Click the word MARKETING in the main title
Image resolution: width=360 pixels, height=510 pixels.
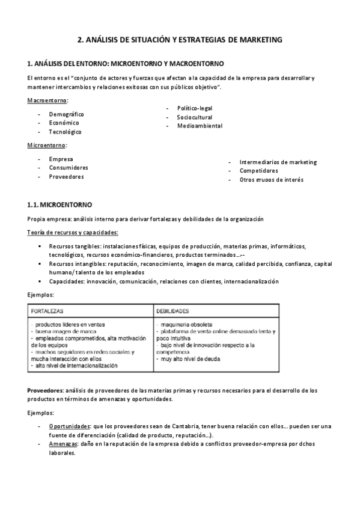[257, 40]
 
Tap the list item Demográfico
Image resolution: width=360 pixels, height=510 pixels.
[66, 114]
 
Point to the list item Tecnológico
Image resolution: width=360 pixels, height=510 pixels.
[65, 132]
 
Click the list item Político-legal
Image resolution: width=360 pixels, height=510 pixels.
[194, 108]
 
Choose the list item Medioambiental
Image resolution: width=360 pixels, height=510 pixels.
[200, 126]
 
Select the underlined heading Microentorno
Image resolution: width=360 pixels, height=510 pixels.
[47, 146]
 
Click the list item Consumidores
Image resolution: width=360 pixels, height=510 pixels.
[69, 168]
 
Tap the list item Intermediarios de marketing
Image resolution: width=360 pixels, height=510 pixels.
[278, 162]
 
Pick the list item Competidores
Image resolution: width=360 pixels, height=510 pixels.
[258, 171]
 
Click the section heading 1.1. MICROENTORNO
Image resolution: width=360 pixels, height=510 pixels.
[59, 205]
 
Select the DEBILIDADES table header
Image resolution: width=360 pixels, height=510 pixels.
[173, 312]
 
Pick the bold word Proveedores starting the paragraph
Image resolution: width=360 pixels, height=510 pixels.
[46, 391]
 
